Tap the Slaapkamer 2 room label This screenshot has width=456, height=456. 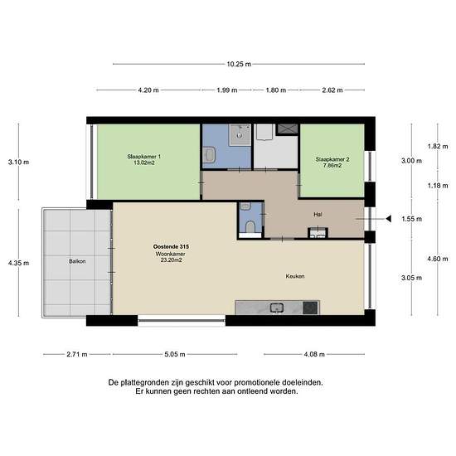[332, 159]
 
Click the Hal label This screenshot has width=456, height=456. [318, 214]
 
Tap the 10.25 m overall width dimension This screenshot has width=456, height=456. [239, 64]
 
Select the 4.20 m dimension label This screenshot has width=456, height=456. [148, 90]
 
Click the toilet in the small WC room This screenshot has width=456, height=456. [248, 225]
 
